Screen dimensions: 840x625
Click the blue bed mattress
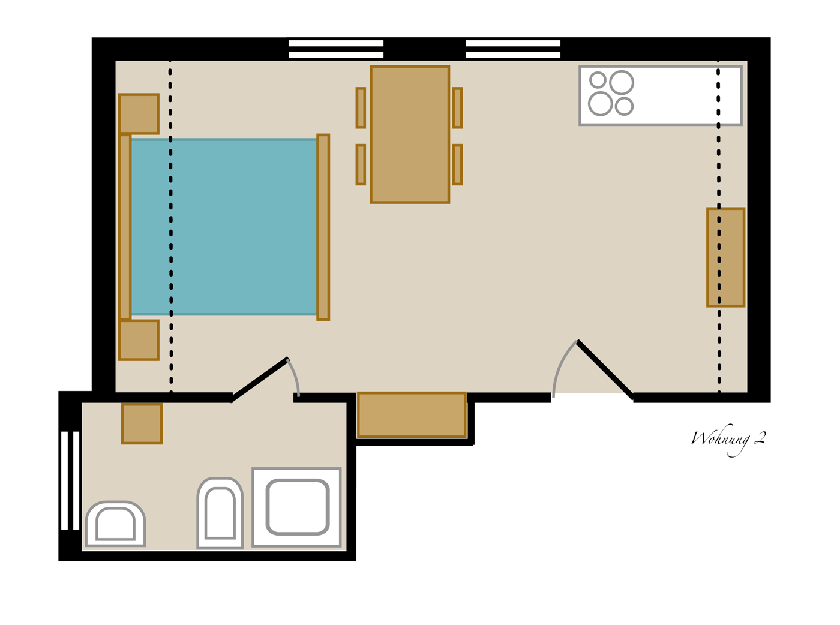point(223,227)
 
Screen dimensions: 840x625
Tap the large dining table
point(410,134)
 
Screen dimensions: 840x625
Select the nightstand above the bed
point(139,114)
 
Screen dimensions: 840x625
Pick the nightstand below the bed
point(139,340)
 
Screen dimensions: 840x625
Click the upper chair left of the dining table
point(361,108)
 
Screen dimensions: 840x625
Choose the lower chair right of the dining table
point(457,165)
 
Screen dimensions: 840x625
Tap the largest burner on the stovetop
point(621,82)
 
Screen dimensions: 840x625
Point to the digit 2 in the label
point(760,438)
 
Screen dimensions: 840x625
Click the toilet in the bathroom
point(220,513)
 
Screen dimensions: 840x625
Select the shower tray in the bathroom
point(296,507)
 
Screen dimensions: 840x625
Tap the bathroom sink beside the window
point(115,524)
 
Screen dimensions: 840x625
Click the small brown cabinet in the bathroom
point(142,423)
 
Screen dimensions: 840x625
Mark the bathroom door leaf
point(260,379)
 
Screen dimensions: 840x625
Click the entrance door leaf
point(605,370)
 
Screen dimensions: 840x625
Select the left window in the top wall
point(336,49)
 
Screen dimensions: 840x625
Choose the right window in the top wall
point(513,49)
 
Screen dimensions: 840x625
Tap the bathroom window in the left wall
point(70,480)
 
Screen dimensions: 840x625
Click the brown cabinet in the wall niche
point(412,415)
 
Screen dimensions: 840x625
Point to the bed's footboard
point(323,227)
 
